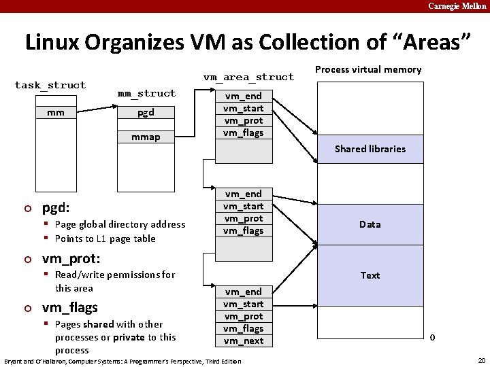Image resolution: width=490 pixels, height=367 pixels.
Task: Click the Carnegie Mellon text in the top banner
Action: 457,6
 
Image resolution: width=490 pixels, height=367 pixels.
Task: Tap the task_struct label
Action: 50,85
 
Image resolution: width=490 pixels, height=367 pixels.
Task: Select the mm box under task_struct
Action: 56,113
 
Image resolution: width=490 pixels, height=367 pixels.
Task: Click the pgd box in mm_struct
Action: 146,113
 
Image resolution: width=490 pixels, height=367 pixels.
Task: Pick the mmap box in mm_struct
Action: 146,137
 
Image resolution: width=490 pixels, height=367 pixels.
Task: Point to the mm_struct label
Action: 146,93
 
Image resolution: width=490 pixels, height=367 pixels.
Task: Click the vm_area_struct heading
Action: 248,77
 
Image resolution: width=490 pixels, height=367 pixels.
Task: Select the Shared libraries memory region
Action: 370,149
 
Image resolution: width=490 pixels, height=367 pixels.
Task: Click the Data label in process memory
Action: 370,224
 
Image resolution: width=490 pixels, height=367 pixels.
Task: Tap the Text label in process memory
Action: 370,275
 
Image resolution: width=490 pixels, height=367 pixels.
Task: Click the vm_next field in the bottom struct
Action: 243,340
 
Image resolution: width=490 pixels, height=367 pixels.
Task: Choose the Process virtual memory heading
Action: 368,69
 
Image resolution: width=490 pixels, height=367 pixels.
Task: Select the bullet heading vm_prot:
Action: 71,259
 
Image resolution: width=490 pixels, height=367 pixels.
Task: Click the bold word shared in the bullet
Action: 98,324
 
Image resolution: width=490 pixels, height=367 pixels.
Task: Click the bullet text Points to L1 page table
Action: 105,239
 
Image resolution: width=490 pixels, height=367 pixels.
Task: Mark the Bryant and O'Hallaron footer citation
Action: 122,361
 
